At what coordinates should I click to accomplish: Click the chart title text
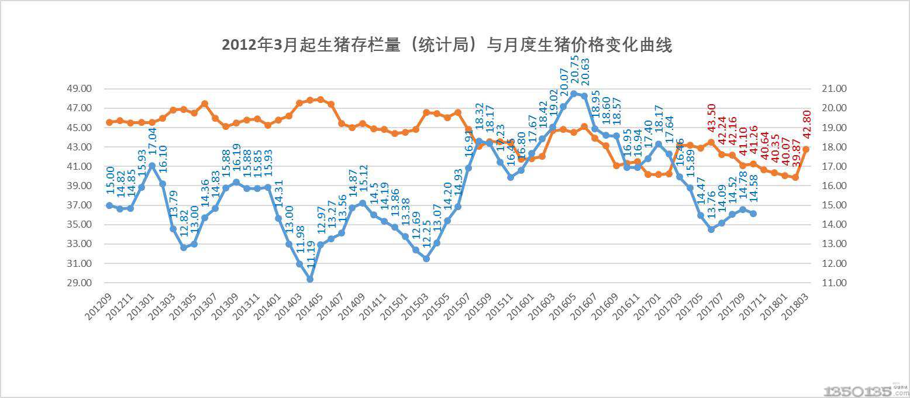447,45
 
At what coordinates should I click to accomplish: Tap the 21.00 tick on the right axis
826,89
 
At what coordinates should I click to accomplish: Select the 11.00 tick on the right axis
826,283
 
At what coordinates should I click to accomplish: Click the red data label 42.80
805,127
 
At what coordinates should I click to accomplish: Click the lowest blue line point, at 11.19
310,279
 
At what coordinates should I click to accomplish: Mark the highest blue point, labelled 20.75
574,94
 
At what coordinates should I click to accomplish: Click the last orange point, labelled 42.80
805,149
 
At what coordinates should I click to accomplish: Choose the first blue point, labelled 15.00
109,205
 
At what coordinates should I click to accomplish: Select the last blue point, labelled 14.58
753,214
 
